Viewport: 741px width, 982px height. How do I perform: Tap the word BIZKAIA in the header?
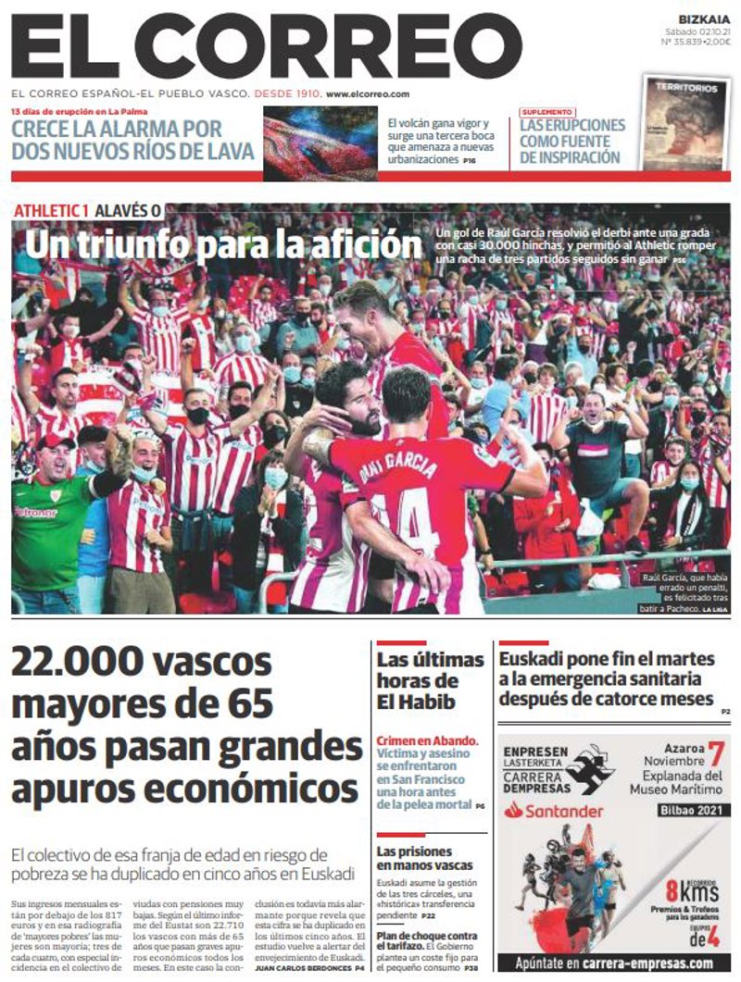pos(703,19)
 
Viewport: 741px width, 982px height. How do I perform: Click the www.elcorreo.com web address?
pos(368,93)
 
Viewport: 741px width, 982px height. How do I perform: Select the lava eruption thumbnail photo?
pos(320,143)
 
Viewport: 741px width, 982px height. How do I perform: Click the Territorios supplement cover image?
pos(685,123)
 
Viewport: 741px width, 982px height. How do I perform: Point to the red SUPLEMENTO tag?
pos(546,112)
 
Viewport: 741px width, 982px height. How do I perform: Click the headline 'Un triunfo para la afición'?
pos(223,245)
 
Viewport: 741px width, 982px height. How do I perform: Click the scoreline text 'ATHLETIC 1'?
pos(51,210)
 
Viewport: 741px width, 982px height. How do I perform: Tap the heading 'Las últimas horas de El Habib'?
pos(430,680)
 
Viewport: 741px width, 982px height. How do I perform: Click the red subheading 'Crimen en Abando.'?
pos(428,740)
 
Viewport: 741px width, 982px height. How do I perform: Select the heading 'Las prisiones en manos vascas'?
pos(415,858)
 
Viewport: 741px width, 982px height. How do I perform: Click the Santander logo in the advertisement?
pos(553,811)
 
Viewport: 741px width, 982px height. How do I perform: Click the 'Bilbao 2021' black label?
pos(689,811)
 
